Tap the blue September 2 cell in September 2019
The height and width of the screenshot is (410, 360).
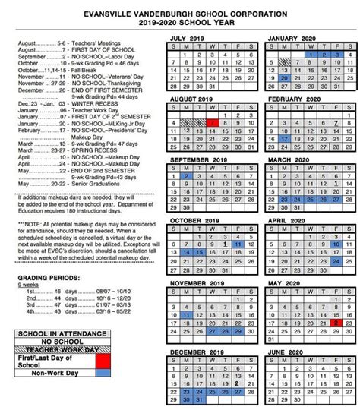coord(187,176)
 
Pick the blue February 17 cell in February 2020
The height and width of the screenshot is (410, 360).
coord(284,140)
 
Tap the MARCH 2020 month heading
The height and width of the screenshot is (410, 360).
coord(297,160)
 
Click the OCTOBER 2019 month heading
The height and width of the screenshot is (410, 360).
coord(200,220)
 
